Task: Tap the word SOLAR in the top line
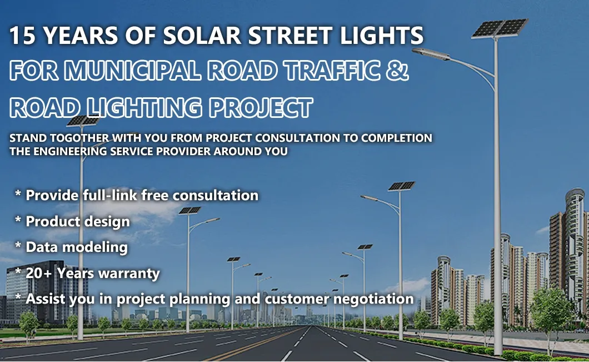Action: click(x=206, y=36)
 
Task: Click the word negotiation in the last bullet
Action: click(x=373, y=299)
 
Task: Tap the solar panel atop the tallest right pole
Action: click(x=498, y=27)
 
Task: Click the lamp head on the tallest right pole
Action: click(x=426, y=52)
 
